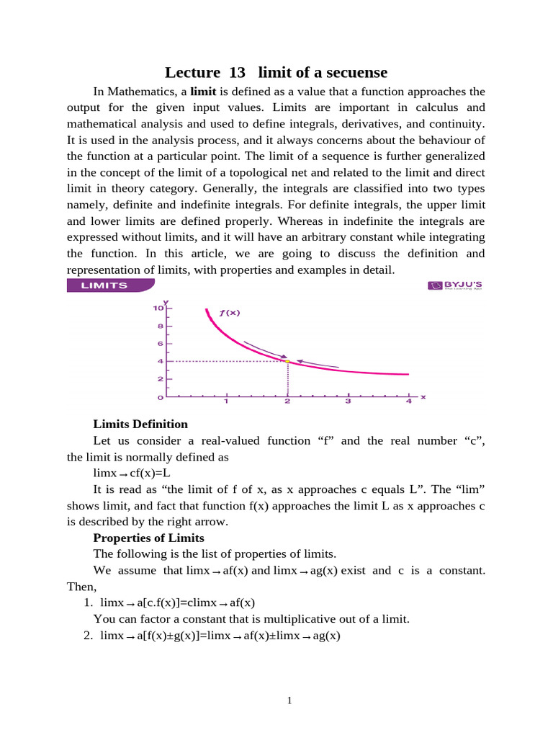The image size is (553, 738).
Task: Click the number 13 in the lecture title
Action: coord(237,72)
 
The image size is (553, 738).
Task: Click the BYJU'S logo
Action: coord(455,285)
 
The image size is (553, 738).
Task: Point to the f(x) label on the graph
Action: coord(229,313)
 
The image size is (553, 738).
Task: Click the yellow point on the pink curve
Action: coord(287,361)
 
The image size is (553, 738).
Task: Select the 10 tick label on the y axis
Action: coord(157,308)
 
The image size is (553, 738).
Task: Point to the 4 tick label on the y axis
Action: coord(159,361)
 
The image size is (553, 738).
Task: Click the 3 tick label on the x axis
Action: coord(348,401)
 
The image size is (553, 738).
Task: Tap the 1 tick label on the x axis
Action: coord(226,401)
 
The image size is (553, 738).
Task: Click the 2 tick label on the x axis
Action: coord(287,401)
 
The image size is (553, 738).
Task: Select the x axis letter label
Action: coord(423,396)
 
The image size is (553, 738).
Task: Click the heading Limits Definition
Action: coord(140,424)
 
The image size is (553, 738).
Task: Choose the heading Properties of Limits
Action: coord(148,538)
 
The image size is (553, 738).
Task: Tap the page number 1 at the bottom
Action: coord(288,699)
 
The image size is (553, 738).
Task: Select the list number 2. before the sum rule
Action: coord(89,636)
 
